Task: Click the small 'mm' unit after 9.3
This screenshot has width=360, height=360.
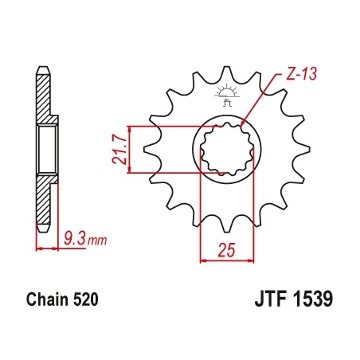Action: [95, 237]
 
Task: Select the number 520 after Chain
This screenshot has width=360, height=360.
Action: [87, 303]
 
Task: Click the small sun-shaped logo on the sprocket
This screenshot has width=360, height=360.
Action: [226, 94]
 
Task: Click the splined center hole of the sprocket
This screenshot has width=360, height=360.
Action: [227, 149]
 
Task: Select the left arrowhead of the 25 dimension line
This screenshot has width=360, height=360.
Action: [202, 259]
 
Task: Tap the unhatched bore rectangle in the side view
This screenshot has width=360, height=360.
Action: [48, 149]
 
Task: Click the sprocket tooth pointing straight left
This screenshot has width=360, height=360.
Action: [147, 149]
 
